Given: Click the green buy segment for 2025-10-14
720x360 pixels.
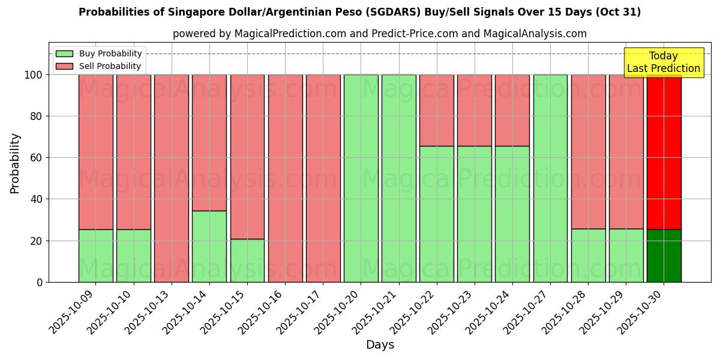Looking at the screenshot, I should [x=209, y=246].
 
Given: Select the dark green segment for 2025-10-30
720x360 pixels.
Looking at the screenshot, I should [x=664, y=256].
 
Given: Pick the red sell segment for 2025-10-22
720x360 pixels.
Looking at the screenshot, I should [x=437, y=110].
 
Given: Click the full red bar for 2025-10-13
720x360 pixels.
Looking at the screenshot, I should [x=172, y=178].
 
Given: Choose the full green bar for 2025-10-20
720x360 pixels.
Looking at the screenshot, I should [x=361, y=178].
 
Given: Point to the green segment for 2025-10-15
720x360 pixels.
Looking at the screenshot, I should [x=247, y=260].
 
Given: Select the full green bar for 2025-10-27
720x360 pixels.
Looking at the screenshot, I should [x=550, y=178].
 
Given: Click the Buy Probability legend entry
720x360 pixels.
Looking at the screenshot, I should [x=99, y=54].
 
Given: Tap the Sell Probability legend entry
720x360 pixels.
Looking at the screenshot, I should [x=99, y=66].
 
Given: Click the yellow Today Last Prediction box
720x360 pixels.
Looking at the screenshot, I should [x=663, y=62].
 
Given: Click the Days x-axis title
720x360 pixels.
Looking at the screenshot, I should [x=380, y=345].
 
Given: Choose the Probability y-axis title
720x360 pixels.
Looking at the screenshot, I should [x=15, y=163].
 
